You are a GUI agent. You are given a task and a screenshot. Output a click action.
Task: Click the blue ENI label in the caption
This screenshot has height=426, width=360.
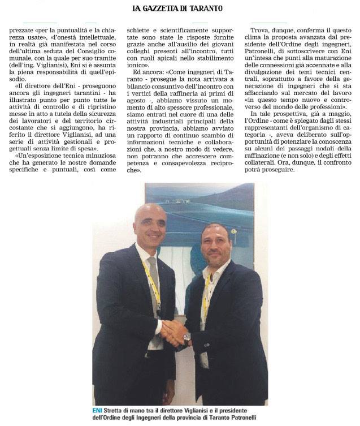click(x=98, y=410)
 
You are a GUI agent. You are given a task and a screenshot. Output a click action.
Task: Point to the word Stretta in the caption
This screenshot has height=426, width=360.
click(x=118, y=410)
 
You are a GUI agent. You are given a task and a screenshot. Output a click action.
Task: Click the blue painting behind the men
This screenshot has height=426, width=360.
click(x=192, y=209)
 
